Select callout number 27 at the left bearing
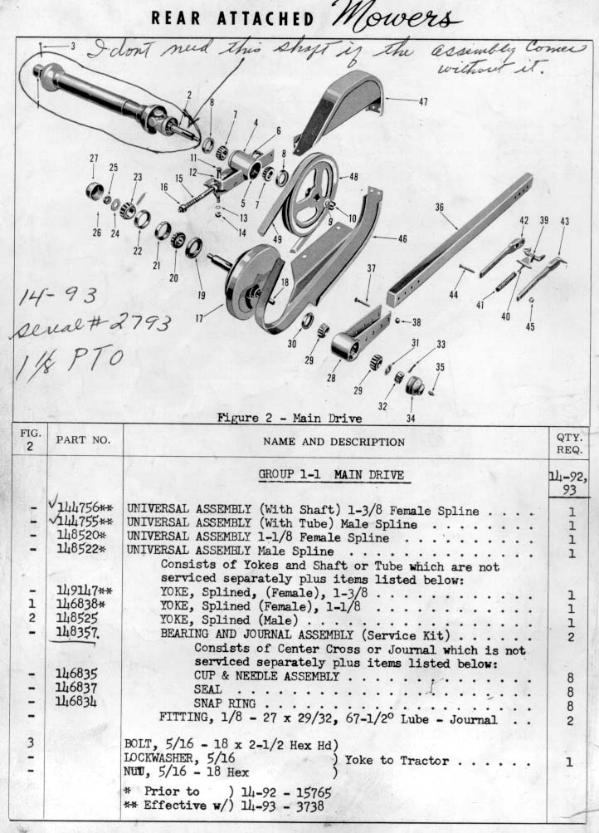point(94,158)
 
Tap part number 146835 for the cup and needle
point(81,677)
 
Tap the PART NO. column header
point(83,439)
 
